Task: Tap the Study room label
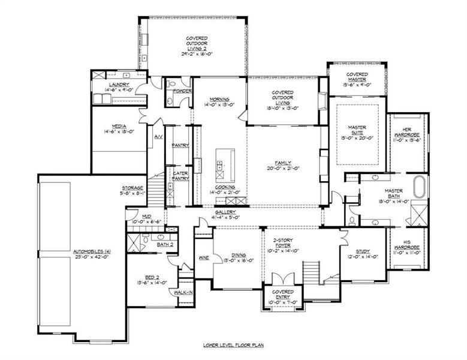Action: [x=362, y=251]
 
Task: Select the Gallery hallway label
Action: [x=227, y=212]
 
